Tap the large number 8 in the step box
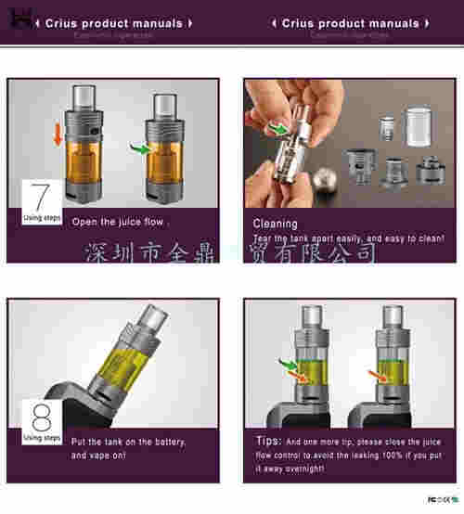[x=41, y=414]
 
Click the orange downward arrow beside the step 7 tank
[x=58, y=134]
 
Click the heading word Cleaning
[x=275, y=224]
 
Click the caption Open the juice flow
[x=118, y=223]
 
